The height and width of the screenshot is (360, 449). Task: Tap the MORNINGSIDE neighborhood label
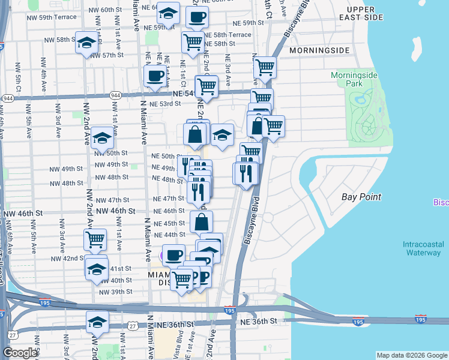tap(319, 50)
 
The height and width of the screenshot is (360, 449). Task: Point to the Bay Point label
tap(361, 197)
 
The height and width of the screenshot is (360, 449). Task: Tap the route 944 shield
tap(8, 98)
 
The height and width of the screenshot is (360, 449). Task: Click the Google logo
tap(20, 353)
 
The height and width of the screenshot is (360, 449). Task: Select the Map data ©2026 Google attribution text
tap(411, 355)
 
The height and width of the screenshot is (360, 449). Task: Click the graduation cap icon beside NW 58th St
tap(86, 43)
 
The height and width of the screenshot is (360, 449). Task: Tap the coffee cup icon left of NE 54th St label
tap(155, 76)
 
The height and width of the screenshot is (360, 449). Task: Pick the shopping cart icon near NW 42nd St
tap(95, 239)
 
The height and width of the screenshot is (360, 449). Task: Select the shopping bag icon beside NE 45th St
tap(201, 222)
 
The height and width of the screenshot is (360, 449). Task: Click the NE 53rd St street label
tap(165, 104)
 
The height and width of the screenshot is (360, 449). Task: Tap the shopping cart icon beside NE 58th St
tap(192, 43)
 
